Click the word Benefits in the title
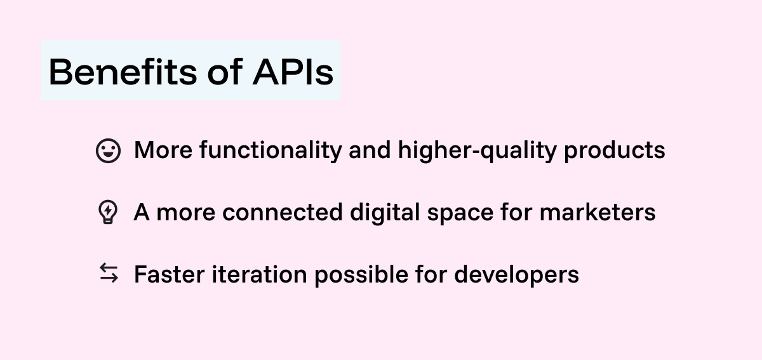pos(123,72)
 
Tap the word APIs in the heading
pos(293,72)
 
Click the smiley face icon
pos(108,151)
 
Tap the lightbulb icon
pos(108,213)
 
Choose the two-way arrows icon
pos(109,274)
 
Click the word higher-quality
pos(477,151)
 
